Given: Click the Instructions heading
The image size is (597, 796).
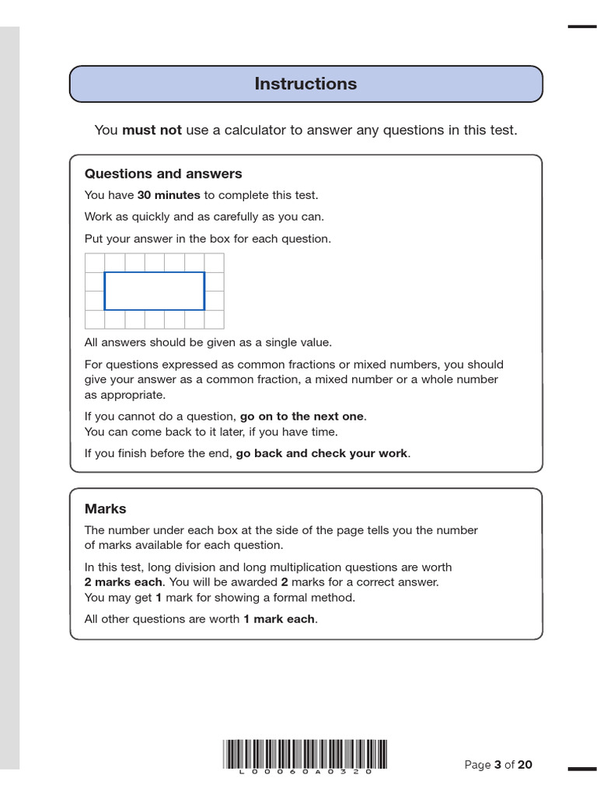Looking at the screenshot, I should [x=305, y=84].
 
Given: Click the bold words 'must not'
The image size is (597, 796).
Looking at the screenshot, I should [x=152, y=131].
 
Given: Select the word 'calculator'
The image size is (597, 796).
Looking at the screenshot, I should [x=248, y=131].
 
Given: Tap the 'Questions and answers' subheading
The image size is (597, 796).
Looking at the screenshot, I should [x=163, y=174].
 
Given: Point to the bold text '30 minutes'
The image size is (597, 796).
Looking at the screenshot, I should [x=169, y=195].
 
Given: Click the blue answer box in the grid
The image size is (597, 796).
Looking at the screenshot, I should [x=155, y=291].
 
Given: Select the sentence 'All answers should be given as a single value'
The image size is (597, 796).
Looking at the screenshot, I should [x=208, y=343].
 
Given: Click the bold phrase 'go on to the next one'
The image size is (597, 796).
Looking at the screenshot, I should [x=302, y=417].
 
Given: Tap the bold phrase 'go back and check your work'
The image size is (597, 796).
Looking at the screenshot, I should [x=321, y=453].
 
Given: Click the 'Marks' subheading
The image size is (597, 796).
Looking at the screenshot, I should [x=105, y=509].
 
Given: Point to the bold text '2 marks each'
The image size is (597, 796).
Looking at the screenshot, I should [x=123, y=582].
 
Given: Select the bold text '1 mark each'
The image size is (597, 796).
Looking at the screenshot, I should [x=279, y=620].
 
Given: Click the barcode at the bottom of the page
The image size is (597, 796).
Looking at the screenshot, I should [x=305, y=753].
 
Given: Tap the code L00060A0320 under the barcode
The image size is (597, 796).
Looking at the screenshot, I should [x=305, y=772].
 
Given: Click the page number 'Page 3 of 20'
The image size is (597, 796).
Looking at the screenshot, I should [x=498, y=765].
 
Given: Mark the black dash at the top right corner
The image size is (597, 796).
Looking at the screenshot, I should [x=581, y=26].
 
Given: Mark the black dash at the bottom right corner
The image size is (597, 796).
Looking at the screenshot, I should [x=581, y=769].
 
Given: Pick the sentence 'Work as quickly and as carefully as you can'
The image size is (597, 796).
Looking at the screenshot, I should [x=204, y=217].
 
